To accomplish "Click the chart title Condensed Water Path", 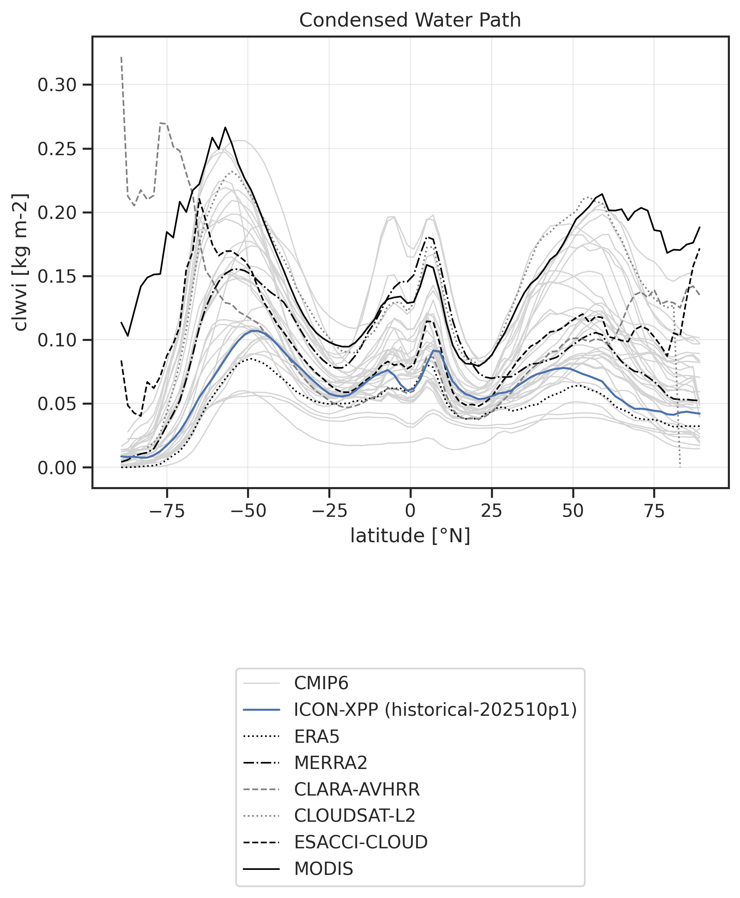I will click(410, 20).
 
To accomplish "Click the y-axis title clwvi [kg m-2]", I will click(20, 262).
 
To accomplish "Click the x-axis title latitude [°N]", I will click(410, 536).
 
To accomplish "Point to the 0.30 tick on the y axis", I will click(57, 85).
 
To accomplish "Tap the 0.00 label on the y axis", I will click(57, 468).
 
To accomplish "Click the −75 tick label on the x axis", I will click(167, 511).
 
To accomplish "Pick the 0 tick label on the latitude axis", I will click(410, 511).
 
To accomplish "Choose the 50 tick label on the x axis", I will click(573, 511).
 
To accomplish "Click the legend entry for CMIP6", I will click(321, 683).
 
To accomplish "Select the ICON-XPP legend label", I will click(435, 710).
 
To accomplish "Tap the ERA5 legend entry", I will click(316, 737).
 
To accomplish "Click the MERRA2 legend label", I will click(330, 763).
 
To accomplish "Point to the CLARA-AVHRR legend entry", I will click(357, 789).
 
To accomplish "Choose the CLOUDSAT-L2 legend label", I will click(354, 816).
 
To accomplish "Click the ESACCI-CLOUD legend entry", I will click(361, 842).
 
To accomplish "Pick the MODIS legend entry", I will click(324, 869).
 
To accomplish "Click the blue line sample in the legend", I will click(261, 710).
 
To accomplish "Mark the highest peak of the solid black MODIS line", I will click(225, 127).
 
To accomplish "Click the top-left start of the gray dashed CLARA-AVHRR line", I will click(122, 57).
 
